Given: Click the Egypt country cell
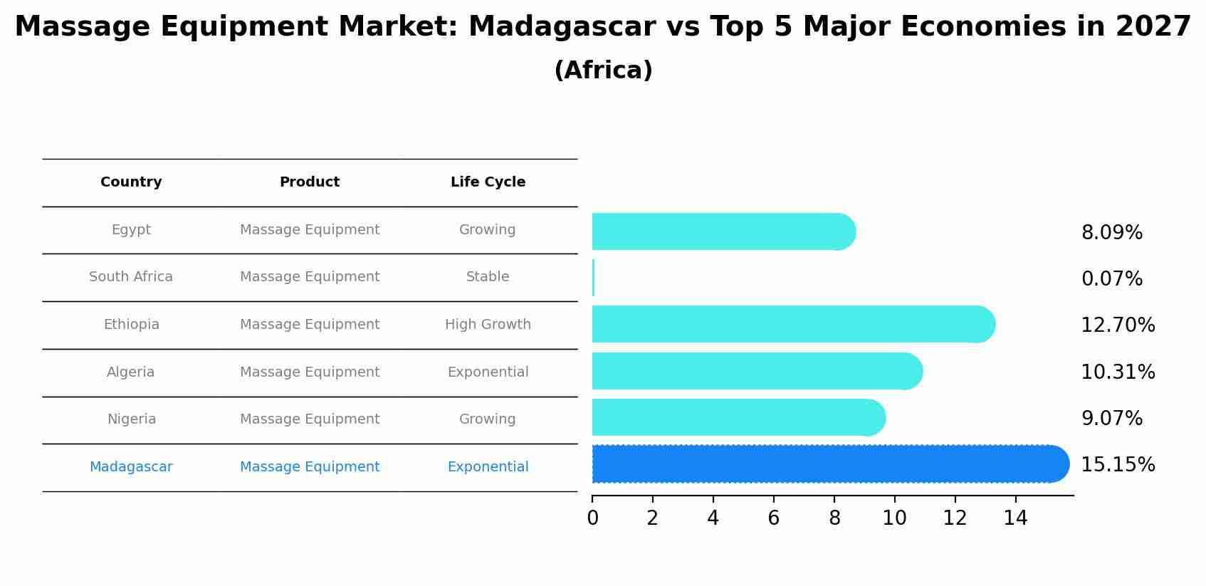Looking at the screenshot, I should pos(131,230).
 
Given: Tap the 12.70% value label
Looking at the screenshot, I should pos(1117,325).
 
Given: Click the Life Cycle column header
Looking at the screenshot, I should pos(488,182).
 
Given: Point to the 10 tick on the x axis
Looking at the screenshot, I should pos(894,518).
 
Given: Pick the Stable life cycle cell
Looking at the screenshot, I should pos(488,277).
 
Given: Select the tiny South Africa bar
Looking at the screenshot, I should pos(593,278).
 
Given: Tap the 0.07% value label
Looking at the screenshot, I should pos(1111,279).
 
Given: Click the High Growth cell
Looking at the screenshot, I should pos(488,325).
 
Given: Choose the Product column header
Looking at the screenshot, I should pos(309,182).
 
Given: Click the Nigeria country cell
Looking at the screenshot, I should pos(131,419).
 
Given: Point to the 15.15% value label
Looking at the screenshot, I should pos(1117,465).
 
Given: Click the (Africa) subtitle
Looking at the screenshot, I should pos(603,70).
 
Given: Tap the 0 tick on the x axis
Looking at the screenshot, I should pos(592,518).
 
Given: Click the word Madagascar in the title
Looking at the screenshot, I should pos(562,27).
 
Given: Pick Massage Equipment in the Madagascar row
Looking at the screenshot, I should pos(309,467).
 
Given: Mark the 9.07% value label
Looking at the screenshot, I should pos(1111,419).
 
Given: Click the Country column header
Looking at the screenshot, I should pos(131,182).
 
